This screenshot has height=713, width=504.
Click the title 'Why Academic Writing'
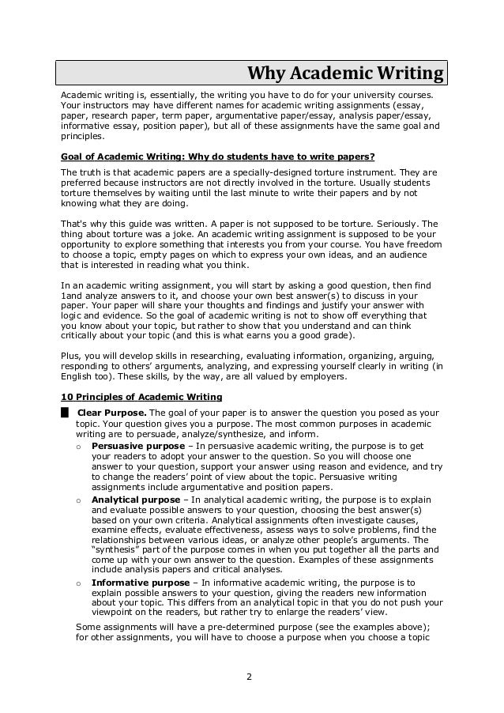345,74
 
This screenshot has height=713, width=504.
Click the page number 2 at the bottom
249,677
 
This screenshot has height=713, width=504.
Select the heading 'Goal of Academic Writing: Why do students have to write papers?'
217,157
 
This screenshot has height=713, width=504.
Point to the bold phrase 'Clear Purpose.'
111,413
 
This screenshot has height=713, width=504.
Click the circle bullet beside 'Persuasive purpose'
77,447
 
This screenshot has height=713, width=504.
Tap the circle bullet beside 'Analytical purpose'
77,500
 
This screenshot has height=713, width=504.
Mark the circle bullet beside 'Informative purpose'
77,583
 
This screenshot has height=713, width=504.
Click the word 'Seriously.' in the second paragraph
401,224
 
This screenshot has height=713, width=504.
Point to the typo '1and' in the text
72,296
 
